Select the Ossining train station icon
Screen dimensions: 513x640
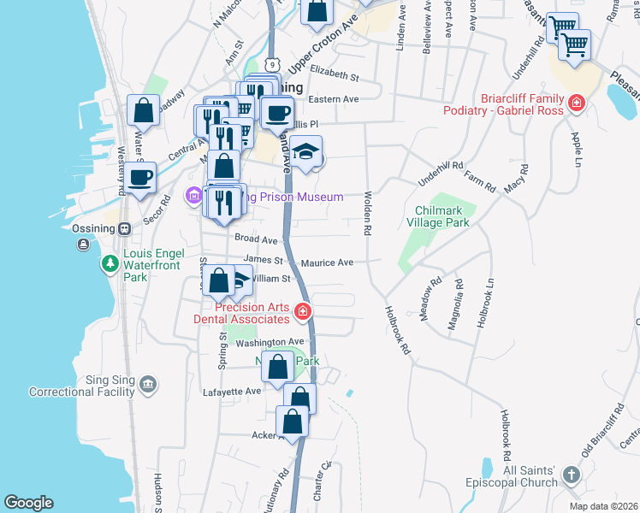(124, 228)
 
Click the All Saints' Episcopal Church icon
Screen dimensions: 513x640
(572, 473)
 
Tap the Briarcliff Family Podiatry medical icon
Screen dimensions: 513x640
(577, 103)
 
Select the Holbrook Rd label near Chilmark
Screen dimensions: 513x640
(398, 331)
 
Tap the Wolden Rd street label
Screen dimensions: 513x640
(367, 213)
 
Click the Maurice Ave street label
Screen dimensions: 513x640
(326, 262)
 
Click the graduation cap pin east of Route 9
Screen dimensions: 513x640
(305, 152)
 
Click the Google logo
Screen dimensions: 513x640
(29, 503)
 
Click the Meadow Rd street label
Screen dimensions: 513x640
(430, 298)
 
